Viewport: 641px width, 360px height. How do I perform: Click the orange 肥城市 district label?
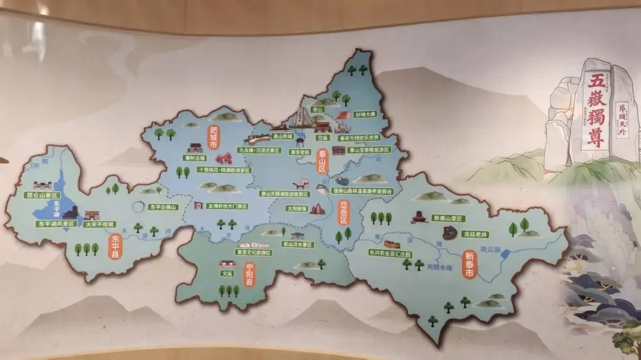pos(213,137)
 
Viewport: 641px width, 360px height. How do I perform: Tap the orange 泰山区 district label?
pos(323,161)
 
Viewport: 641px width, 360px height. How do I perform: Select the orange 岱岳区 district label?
pos(343,212)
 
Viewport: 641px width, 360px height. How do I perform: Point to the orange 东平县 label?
pos(115,246)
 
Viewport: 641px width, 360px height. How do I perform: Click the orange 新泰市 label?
pos(469,265)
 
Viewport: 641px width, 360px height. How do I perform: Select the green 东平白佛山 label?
pos(163,207)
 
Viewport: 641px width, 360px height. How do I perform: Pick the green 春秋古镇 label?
pos(194,158)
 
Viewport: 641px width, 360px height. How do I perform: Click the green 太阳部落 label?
pos(297,209)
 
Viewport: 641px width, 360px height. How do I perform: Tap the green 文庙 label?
pos(226,273)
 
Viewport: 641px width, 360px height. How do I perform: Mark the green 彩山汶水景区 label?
pos(297,244)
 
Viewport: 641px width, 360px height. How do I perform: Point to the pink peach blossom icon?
pos(223,158)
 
